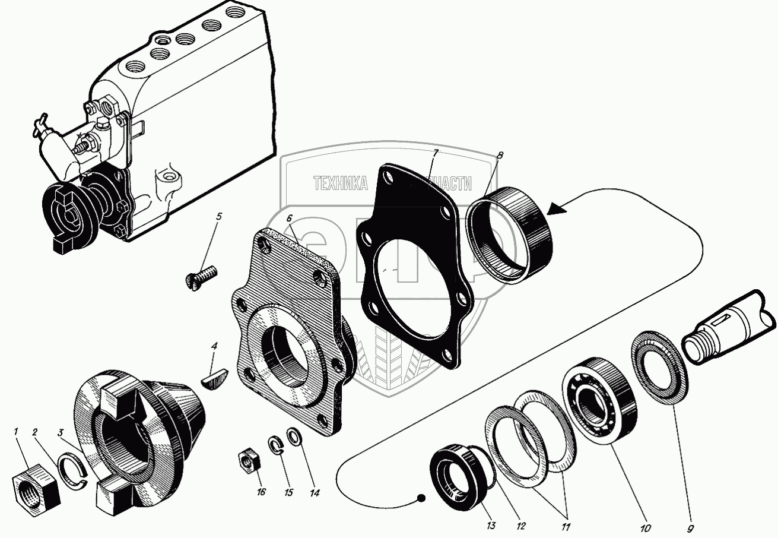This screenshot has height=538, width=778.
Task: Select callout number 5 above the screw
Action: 219,217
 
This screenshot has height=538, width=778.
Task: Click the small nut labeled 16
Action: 246,460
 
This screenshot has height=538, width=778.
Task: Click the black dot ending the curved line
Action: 421,498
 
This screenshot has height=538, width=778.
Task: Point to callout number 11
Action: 566,526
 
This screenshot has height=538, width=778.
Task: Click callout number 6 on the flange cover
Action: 289,218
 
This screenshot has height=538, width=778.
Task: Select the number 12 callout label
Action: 520,526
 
